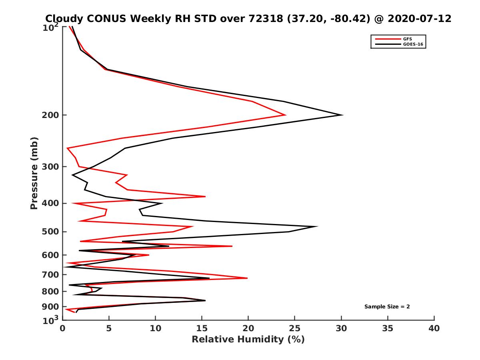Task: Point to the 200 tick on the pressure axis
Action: tap(52, 115)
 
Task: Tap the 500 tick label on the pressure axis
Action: tap(52, 232)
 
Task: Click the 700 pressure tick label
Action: tap(52, 274)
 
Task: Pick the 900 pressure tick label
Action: tap(52, 307)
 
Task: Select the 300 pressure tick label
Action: tap(52, 166)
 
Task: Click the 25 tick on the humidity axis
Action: tap(295, 328)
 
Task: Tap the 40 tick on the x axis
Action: tap(434, 328)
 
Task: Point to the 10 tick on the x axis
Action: tap(155, 328)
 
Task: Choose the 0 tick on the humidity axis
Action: tap(62, 328)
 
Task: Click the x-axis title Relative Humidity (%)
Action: tap(248, 340)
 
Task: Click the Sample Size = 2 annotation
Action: tap(387, 307)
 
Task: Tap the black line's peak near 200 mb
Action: tap(342, 115)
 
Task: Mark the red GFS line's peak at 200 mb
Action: tap(285, 115)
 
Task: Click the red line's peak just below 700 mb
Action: tap(247, 278)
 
